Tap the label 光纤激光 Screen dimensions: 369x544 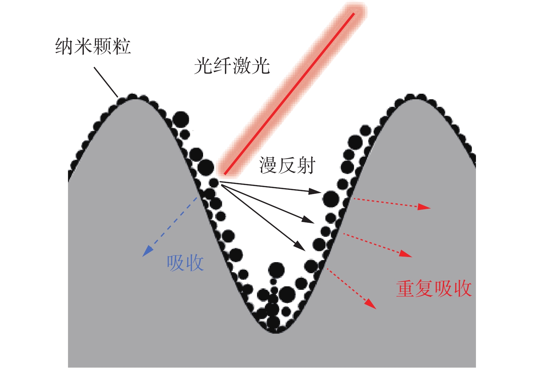tap(232, 66)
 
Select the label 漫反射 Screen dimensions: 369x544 tap(287, 165)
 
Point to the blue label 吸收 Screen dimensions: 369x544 tap(185, 263)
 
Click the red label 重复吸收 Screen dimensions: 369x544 tap(434, 288)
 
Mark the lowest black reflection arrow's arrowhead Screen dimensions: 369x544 tap(300, 246)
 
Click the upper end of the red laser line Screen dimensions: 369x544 tap(353, 14)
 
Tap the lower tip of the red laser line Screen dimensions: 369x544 tap(225, 174)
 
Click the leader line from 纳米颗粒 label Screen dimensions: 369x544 tap(106, 82)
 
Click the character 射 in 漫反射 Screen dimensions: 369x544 tap(306, 165)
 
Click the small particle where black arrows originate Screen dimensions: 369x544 tap(214, 182)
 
